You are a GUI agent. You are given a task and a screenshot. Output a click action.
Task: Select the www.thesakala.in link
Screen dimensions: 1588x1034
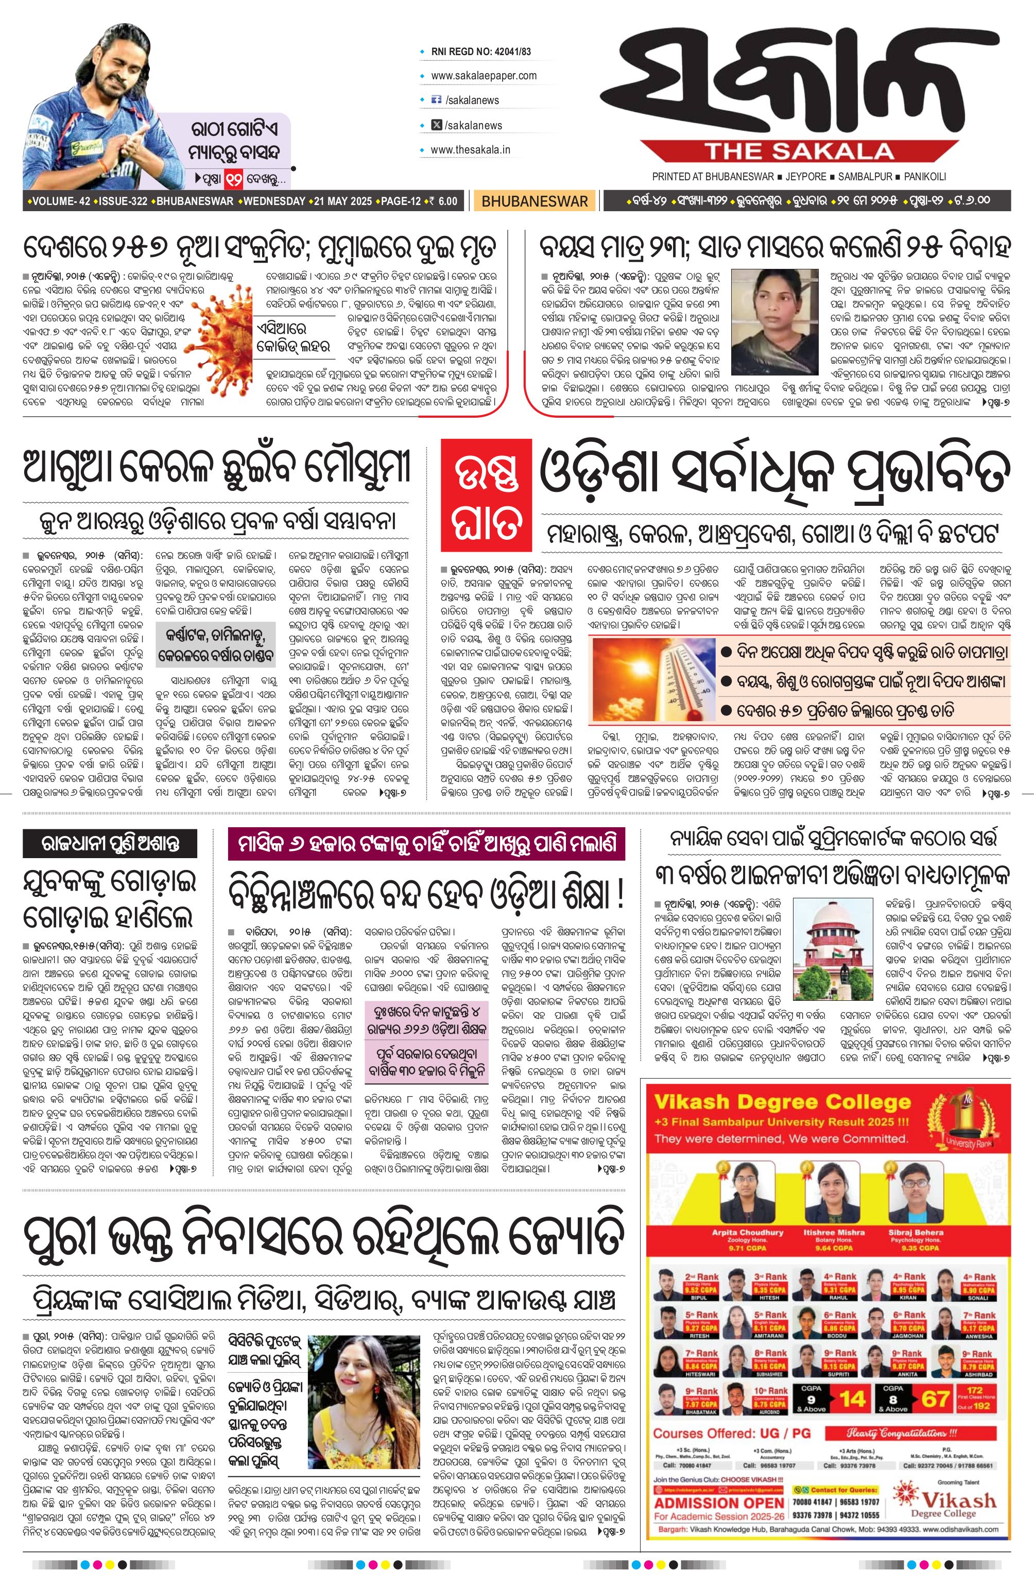click(470, 149)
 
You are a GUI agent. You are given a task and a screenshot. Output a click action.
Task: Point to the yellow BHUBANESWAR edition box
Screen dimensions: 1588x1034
click(535, 201)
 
